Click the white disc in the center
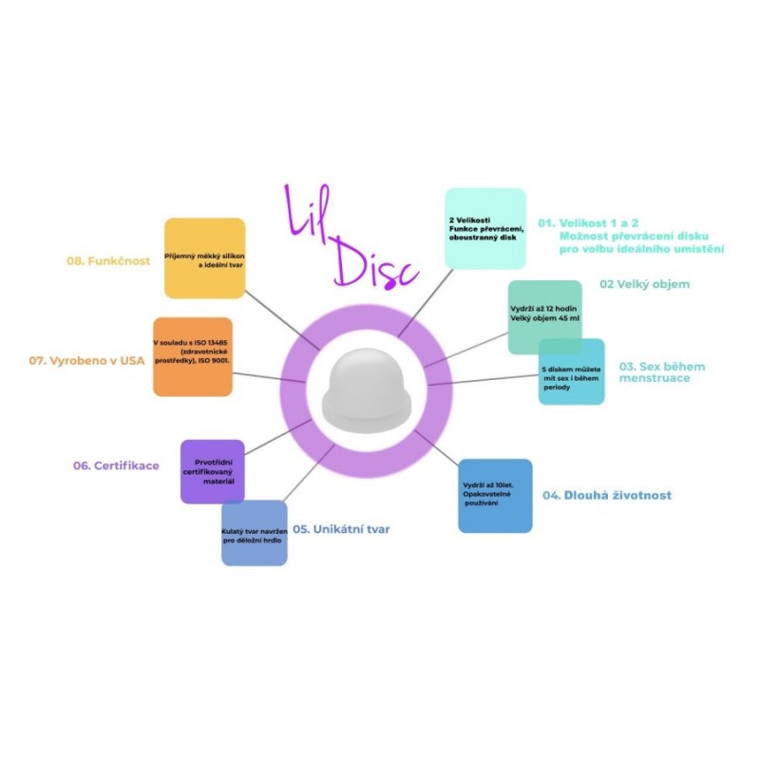(367, 391)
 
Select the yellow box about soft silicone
(204, 257)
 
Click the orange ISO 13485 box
(193, 357)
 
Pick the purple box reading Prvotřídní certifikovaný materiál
(212, 471)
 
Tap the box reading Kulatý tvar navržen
(255, 533)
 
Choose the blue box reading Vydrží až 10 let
(495, 496)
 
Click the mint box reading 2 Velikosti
(485, 228)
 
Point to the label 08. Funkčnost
(108, 260)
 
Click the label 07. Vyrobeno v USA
(86, 361)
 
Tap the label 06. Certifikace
(116, 465)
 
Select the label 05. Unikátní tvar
(341, 529)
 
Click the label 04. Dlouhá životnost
(607, 495)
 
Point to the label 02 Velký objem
(645, 284)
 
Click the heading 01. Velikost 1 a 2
(588, 223)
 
